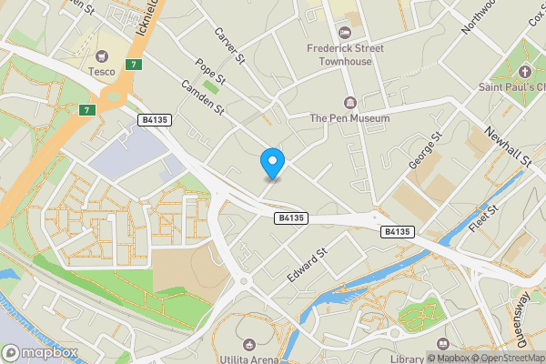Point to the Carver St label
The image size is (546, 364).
pyautogui.click(x=231, y=45)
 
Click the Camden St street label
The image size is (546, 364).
pyautogui.click(x=203, y=98)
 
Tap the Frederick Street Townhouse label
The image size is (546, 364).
pyautogui.click(x=345, y=54)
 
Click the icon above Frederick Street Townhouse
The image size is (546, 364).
pyautogui.click(x=344, y=28)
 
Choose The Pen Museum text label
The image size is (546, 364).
pyautogui.click(x=349, y=118)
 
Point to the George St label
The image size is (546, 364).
pyautogui.click(x=424, y=150)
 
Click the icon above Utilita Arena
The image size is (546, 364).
pyautogui.click(x=249, y=345)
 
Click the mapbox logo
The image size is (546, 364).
pyautogui.click(x=39, y=352)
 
